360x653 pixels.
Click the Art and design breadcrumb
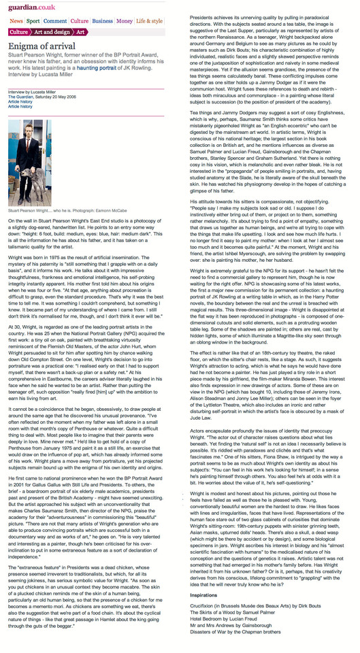[52, 32]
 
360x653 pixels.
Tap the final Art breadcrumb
[80, 32]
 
